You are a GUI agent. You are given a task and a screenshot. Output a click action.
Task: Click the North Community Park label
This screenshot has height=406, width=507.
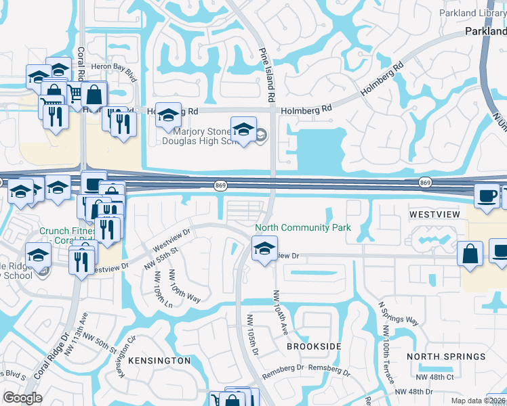(303, 227)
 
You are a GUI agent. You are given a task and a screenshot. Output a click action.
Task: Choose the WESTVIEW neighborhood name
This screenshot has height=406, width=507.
(434, 215)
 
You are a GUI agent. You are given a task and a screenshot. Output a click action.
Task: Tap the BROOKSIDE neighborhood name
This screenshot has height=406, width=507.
(314, 346)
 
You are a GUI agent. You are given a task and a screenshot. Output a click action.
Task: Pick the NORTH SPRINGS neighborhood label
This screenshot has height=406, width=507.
(447, 357)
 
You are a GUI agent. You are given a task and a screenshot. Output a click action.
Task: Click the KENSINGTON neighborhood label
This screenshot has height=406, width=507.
(159, 361)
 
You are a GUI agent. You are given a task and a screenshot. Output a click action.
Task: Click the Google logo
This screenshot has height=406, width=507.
(22, 398)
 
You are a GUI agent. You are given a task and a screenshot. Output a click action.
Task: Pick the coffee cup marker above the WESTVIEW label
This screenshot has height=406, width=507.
(487, 195)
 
